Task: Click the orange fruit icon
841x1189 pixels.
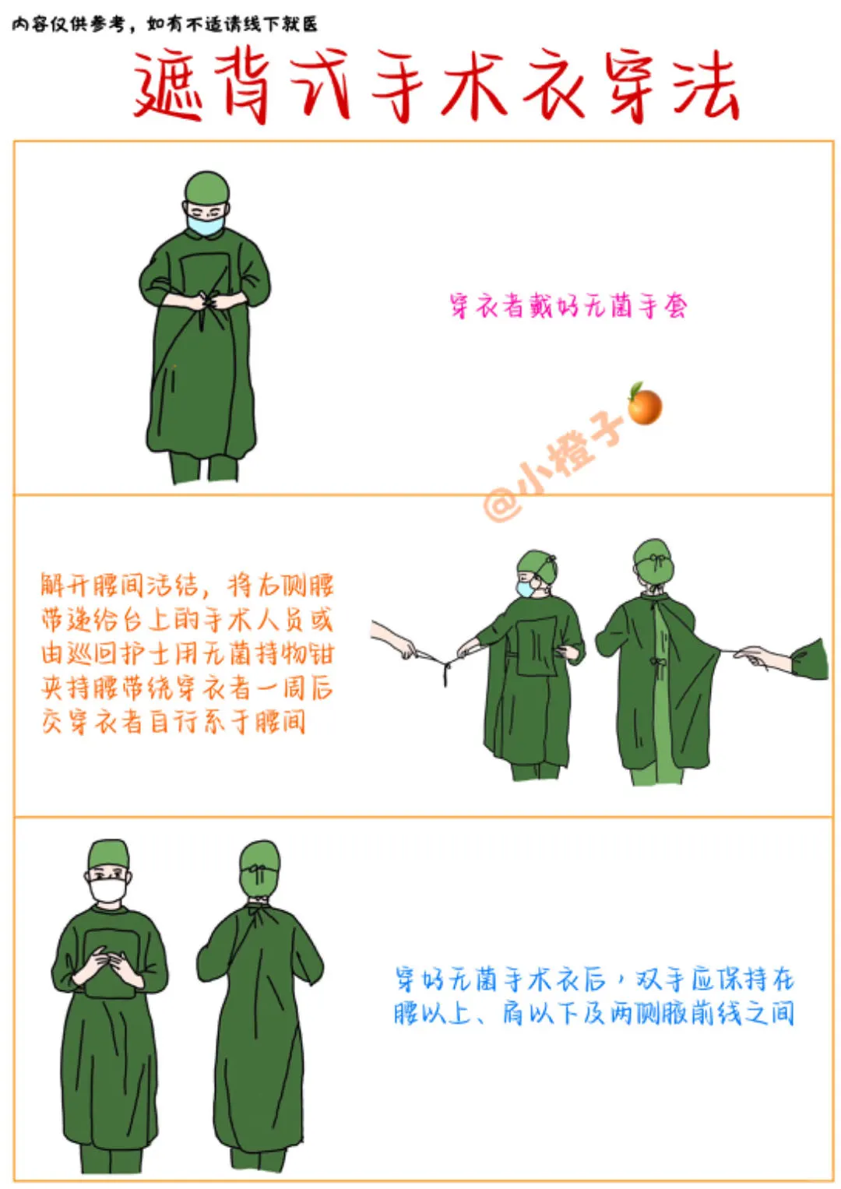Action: click(645, 403)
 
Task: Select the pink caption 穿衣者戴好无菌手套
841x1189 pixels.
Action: click(568, 305)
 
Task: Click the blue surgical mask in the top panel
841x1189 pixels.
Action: click(206, 224)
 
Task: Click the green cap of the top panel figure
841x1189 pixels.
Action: click(208, 187)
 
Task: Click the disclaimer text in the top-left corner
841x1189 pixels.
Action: click(164, 24)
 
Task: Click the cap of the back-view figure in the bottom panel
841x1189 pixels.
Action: click(259, 861)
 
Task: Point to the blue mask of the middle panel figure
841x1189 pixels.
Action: click(526, 588)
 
